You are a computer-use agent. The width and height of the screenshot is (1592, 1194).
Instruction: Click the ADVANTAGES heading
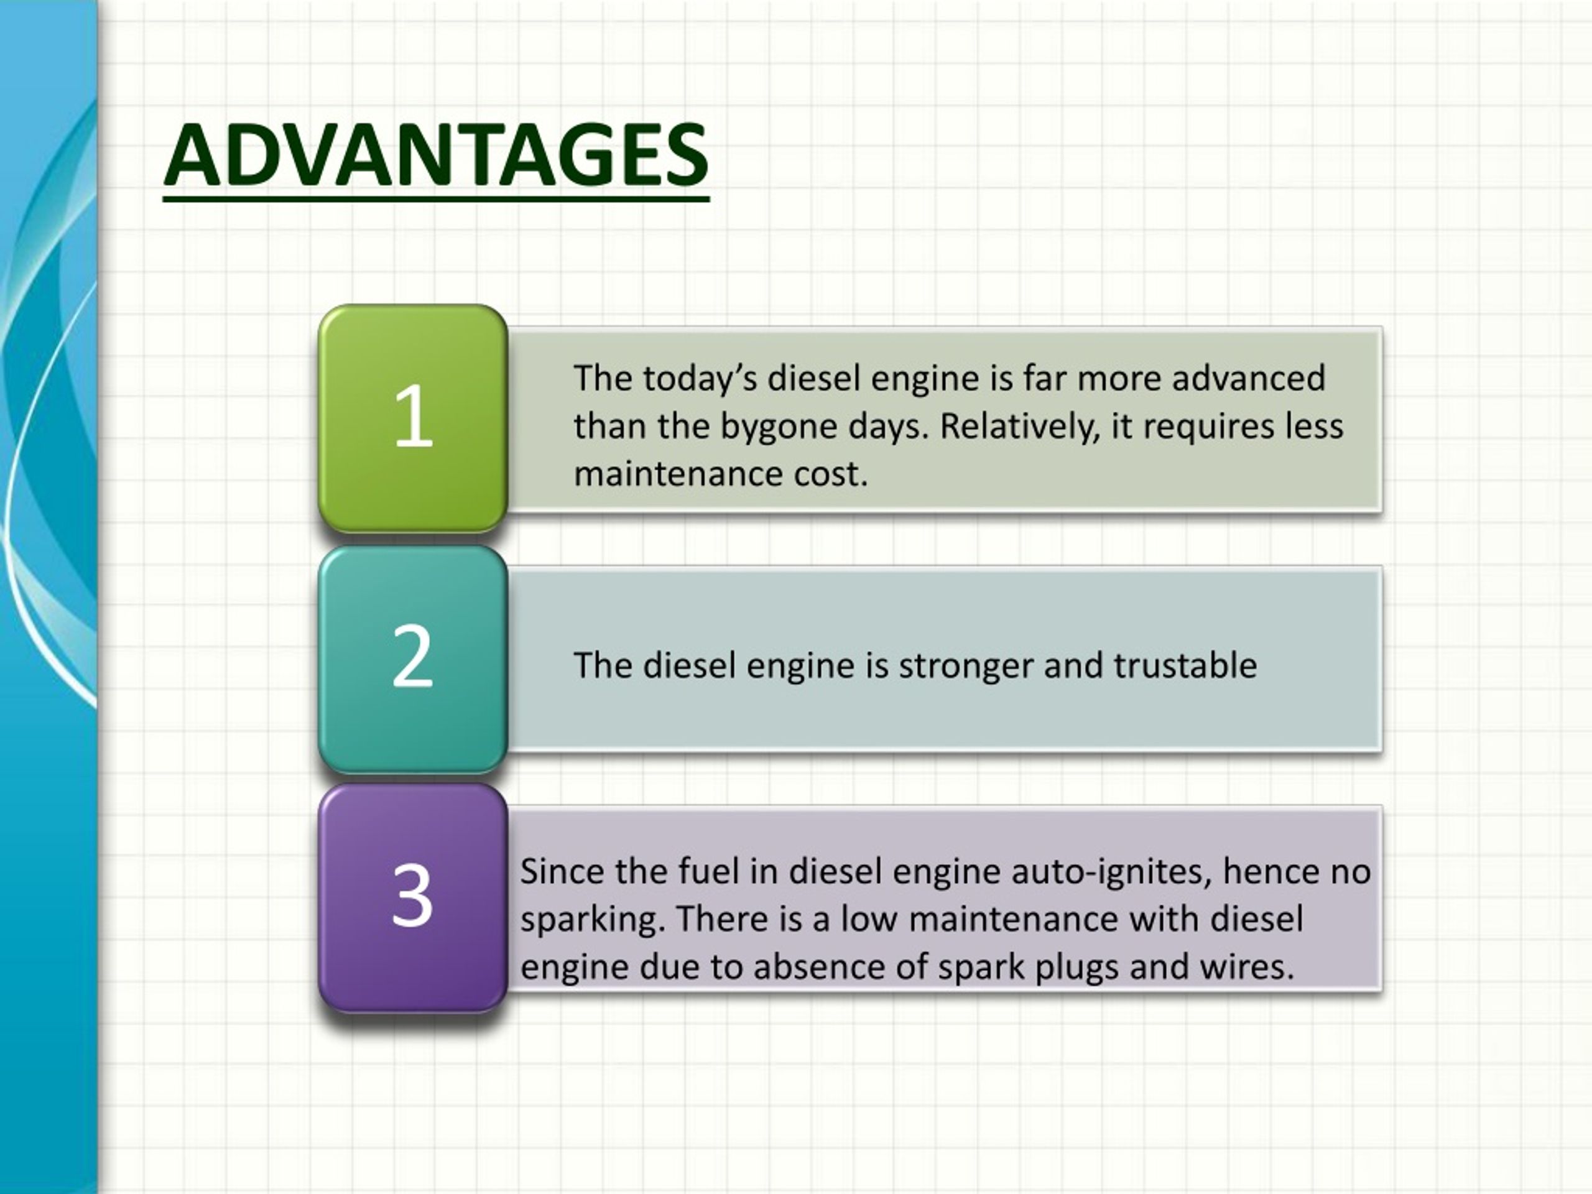click(x=436, y=155)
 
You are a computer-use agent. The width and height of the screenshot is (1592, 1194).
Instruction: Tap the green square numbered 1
click(x=413, y=418)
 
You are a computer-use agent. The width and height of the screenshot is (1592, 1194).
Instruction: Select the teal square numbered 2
click(x=413, y=659)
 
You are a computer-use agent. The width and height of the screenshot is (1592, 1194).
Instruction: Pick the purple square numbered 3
click(x=413, y=897)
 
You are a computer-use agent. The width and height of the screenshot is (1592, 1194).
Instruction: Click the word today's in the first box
click(x=700, y=379)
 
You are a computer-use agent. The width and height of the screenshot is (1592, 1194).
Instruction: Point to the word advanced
click(x=1249, y=379)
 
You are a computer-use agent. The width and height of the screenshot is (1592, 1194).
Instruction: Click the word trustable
click(x=1185, y=666)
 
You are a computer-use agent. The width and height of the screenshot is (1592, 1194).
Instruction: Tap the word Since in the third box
click(x=562, y=872)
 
